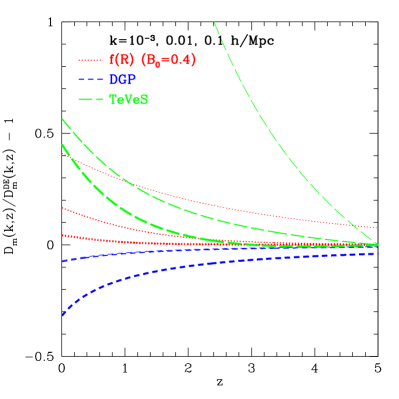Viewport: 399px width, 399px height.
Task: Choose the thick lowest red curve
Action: [x=200, y=242]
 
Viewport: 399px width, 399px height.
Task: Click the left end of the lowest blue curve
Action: [x=63, y=315]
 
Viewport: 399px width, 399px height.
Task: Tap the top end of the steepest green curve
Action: [x=214, y=22]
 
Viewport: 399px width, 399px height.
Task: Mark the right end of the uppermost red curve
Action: [x=376, y=228]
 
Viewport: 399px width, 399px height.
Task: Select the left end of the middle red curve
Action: [x=63, y=208]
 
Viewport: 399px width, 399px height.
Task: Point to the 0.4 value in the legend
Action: [x=179, y=60]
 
